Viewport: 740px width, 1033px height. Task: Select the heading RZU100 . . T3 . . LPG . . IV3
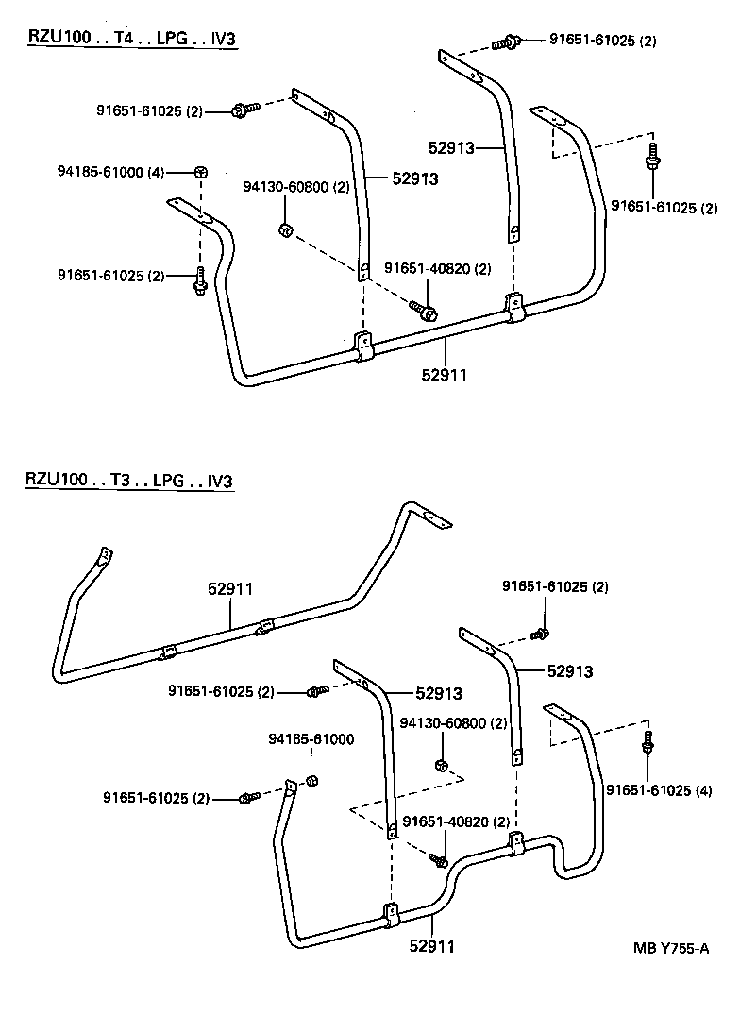128,480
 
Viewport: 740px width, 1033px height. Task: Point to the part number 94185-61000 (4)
110,172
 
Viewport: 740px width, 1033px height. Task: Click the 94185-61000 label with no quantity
311,738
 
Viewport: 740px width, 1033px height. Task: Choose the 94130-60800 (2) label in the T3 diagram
453,723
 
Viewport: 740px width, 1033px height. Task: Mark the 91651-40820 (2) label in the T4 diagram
438,269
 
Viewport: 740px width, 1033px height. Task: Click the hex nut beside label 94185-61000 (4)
201,172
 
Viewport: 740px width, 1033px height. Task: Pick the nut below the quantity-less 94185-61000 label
314,780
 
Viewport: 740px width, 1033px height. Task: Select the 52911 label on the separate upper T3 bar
230,588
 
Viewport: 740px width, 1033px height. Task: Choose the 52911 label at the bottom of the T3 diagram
431,944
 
